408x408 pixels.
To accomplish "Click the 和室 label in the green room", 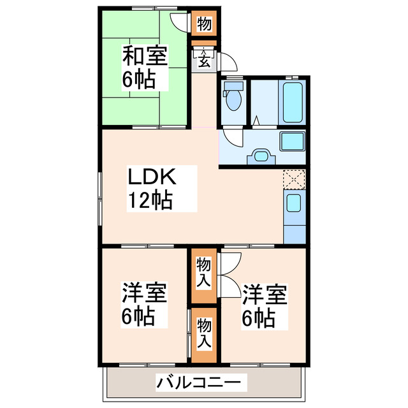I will click(x=145, y=57).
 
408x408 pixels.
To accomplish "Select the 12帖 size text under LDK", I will click(x=150, y=200).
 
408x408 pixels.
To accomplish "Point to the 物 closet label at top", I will click(x=205, y=24).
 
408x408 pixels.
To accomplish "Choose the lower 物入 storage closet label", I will click(x=204, y=333).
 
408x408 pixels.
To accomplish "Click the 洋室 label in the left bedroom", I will click(x=145, y=295).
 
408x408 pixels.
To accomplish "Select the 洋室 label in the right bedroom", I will click(x=264, y=295).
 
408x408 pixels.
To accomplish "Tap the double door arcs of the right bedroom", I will click(x=229, y=274).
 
